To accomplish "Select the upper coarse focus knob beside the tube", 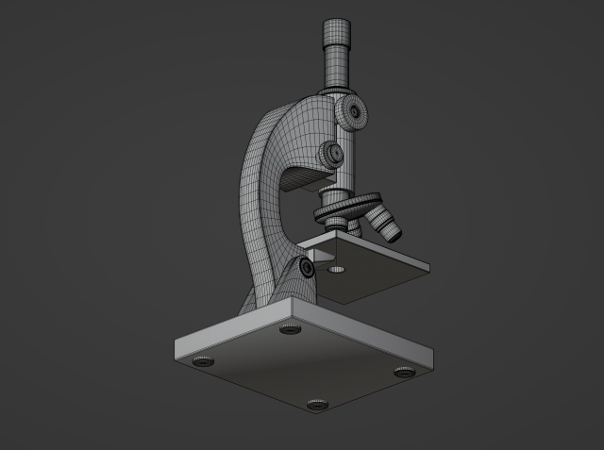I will (354, 112).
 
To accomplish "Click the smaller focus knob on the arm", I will (331, 153).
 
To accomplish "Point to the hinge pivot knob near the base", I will (308, 269).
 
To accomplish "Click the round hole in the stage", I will (337, 270).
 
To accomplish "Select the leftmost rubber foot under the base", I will (202, 360).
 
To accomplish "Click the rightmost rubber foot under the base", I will (404, 373).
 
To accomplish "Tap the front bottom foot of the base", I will (317, 406).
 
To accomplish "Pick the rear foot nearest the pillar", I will (291, 330).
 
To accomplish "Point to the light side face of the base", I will (231, 334).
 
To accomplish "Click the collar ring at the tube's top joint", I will (338, 89).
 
